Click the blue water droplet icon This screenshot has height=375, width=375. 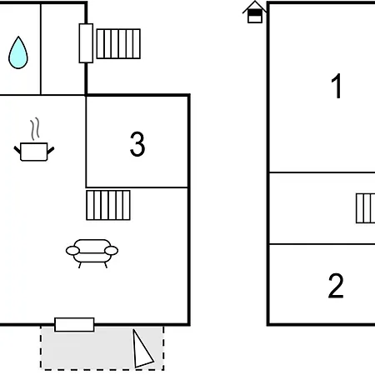point(18,52)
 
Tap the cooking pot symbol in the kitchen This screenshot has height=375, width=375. point(34,152)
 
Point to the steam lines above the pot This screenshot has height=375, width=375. point(35,128)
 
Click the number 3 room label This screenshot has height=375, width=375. point(137,144)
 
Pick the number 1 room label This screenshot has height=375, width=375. point(337,86)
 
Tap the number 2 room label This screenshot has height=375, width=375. point(336,286)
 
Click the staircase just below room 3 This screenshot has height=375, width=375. point(108,205)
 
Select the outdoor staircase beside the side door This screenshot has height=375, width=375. point(118,44)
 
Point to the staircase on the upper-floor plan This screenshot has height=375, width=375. point(366,208)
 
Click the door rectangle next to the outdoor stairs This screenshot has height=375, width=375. point(86,43)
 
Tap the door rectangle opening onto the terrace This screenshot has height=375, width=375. point(74,325)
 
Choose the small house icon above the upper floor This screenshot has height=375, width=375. point(255,12)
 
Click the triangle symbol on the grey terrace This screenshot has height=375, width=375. point(142,349)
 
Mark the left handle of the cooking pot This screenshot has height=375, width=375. point(17,150)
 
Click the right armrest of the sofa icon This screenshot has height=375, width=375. point(111,251)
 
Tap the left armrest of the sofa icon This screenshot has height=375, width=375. point(72,251)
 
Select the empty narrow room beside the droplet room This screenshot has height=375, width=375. point(63,49)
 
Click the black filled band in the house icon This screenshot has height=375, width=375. point(255,13)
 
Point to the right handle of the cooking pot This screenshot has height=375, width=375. point(51,151)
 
